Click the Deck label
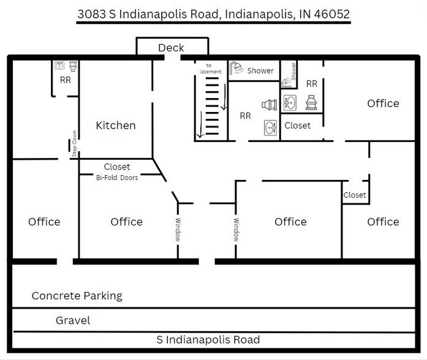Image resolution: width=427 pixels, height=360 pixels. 171,48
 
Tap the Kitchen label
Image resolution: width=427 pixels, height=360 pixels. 116,126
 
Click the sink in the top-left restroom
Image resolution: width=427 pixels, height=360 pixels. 60,66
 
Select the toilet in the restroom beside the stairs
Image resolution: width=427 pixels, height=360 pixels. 268,105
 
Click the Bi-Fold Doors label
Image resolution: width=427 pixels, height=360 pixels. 116,178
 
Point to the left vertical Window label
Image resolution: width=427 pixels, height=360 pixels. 178,230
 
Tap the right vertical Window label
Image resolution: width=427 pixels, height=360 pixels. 235,230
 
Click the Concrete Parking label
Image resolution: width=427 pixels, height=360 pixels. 77,296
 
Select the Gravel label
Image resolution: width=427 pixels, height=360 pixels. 73,320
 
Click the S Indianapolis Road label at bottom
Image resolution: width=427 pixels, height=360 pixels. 208,340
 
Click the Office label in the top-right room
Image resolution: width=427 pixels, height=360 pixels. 383,103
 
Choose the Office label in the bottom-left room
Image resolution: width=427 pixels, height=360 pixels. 44,222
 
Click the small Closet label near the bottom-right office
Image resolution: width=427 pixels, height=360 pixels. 355,195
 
